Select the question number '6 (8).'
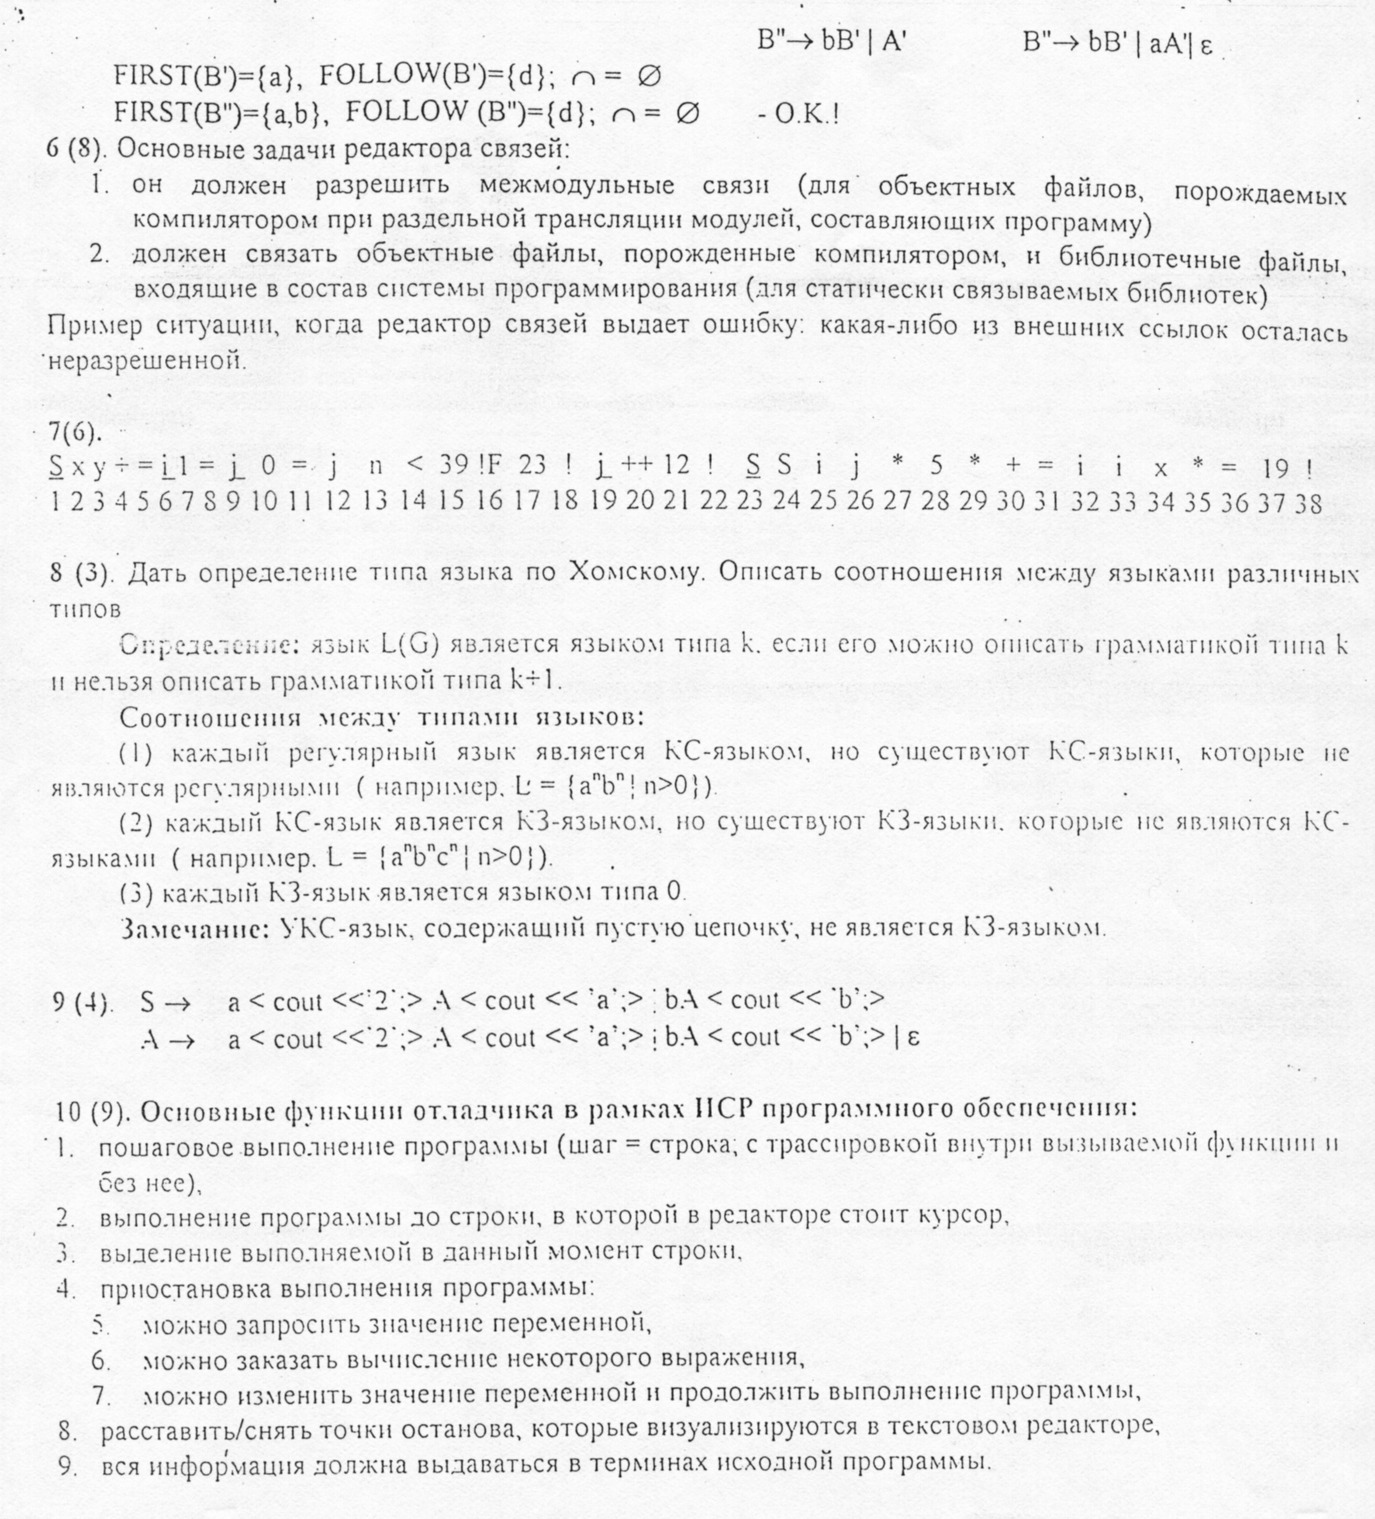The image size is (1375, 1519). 78,148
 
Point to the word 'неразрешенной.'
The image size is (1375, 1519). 148,362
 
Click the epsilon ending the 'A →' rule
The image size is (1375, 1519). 914,1038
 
